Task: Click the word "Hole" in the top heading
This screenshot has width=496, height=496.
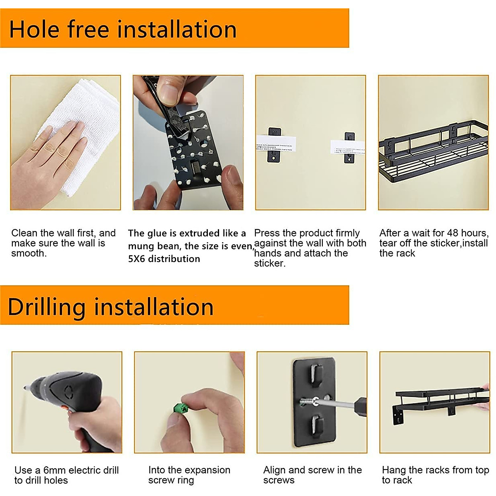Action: [x=34, y=29]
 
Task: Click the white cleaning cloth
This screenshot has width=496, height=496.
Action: [x=77, y=134]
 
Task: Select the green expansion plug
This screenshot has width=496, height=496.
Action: [x=181, y=409]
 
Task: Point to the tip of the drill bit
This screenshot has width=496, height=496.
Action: [x=24, y=388]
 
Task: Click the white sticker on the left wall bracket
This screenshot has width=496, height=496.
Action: [x=276, y=144]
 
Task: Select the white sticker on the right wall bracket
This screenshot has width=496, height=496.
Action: [x=348, y=148]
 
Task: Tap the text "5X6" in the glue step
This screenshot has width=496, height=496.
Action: [x=137, y=259]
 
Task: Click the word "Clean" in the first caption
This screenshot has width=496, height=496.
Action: [x=24, y=233]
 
